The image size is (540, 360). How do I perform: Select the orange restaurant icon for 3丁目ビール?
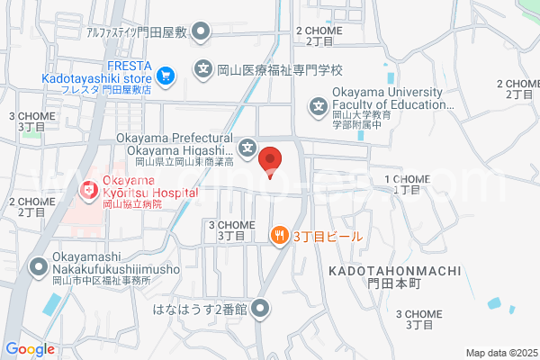[279, 236]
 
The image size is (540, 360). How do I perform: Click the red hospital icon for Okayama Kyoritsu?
[89, 190]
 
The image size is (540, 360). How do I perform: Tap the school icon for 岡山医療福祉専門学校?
[204, 67]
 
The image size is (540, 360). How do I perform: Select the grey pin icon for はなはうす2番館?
[261, 310]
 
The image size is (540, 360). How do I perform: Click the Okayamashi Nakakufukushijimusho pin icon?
[39, 266]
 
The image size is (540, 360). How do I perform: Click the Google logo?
[30, 349]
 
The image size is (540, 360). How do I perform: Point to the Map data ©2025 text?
[499, 352]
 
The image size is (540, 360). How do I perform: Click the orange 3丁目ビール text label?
[327, 237]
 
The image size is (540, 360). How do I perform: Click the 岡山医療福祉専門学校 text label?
[280, 68]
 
